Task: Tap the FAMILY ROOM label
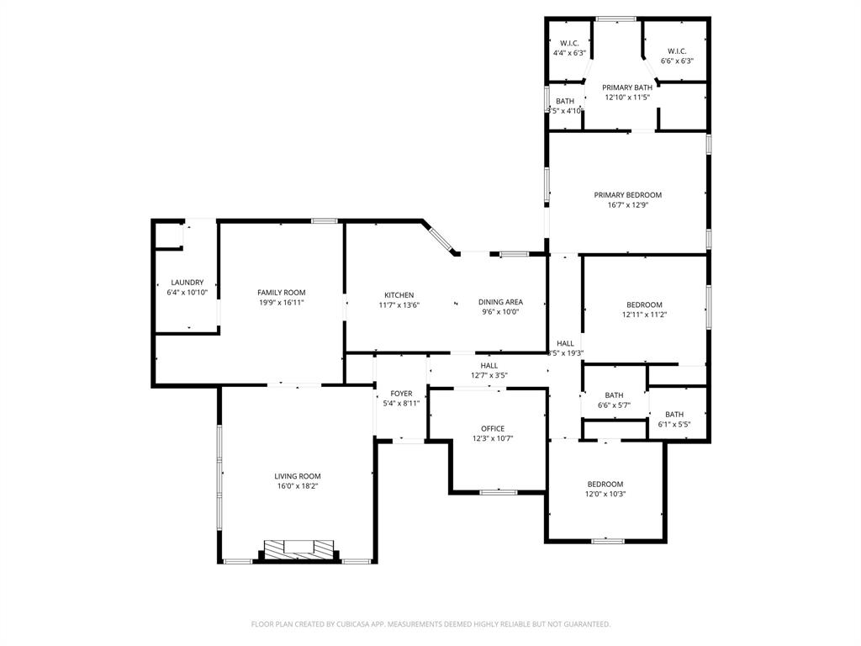pos(281,293)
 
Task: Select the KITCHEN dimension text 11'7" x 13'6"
pos(399,305)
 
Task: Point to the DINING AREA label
pos(500,302)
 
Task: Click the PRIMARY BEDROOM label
pos(627,195)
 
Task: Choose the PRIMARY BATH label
pos(627,87)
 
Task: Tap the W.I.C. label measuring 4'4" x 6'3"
pos(569,43)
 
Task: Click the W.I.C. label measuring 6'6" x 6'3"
pos(677,51)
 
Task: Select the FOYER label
pos(401,394)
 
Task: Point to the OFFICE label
pos(493,429)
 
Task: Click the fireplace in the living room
pos(298,548)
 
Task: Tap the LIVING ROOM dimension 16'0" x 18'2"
pos(298,486)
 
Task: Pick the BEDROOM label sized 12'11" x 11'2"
pos(644,304)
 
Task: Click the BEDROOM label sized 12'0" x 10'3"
pos(605,484)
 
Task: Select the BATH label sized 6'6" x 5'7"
pos(614,395)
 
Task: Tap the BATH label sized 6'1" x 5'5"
pos(674,414)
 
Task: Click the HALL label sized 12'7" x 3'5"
pos(489,366)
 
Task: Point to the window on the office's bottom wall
pos(498,491)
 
